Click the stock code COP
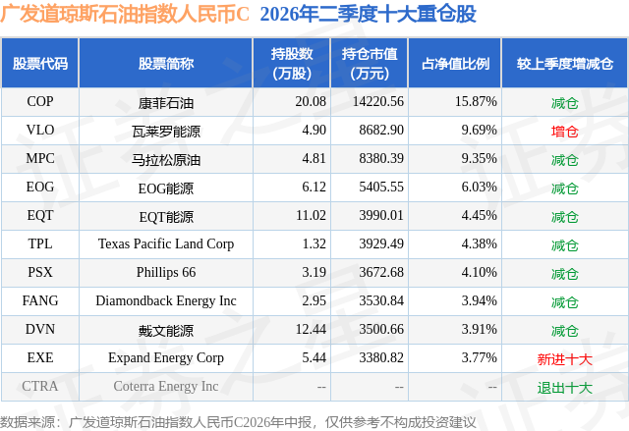(x=39, y=101)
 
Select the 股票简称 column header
(x=166, y=63)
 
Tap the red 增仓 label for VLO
(x=564, y=131)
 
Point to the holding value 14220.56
(x=377, y=101)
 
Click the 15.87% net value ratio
(x=476, y=101)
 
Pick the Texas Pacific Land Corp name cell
(x=166, y=243)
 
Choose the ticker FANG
(x=39, y=300)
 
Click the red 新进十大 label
(x=564, y=359)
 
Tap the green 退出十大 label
(x=564, y=388)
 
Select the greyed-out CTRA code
(x=39, y=386)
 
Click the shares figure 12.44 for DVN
(x=311, y=329)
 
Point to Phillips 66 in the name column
(x=166, y=272)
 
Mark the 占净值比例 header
(x=455, y=63)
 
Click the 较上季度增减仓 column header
(x=564, y=63)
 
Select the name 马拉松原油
(x=166, y=159)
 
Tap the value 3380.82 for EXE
(x=381, y=357)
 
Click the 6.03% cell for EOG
(x=479, y=188)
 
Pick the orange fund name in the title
(x=125, y=14)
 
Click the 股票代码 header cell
(x=39, y=63)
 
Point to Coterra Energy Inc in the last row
(x=166, y=386)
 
